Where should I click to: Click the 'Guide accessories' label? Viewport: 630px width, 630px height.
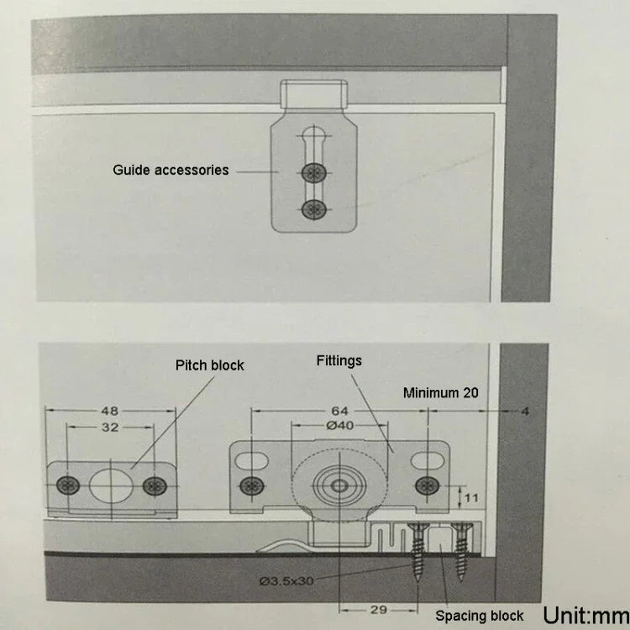pos(171,171)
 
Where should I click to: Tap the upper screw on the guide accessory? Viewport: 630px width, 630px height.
pos(313,173)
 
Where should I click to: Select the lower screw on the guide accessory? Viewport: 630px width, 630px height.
pos(313,209)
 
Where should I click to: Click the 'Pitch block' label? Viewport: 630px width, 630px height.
pos(210,365)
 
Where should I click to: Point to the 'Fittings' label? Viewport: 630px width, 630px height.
pos(339,361)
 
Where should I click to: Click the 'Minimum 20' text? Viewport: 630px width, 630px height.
pos(441,392)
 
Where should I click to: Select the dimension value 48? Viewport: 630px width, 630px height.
pos(110,411)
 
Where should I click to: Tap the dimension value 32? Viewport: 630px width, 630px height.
pos(110,427)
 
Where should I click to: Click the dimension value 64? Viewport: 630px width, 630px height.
pos(339,411)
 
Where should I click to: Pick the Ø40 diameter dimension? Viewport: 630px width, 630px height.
pos(340,425)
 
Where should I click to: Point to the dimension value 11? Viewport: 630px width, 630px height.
pos(471,498)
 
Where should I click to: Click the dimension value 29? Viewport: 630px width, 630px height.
pos(379,610)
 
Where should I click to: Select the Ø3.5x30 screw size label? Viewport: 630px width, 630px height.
pos(286,581)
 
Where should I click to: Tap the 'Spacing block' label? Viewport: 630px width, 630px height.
pos(480,616)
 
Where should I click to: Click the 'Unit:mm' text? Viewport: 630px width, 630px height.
pos(586,615)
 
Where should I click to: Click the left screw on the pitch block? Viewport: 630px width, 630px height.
pos(68,486)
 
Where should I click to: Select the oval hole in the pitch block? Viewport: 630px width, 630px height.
pos(111,486)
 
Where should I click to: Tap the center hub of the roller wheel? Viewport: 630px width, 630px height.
pos(339,486)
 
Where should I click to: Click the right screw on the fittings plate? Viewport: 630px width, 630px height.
pos(427,486)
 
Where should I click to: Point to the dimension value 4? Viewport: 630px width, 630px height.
pos(525,411)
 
